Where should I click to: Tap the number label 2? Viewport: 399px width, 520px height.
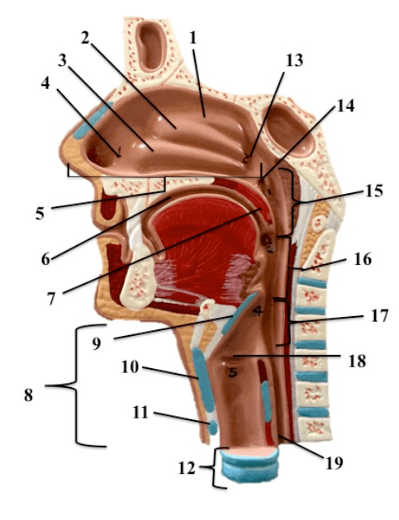(x=85, y=38)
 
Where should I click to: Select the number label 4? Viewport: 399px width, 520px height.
(x=45, y=83)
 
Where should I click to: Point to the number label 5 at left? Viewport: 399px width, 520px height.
(x=40, y=213)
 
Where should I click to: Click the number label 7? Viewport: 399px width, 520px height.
(x=50, y=299)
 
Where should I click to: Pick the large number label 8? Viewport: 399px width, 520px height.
(x=29, y=395)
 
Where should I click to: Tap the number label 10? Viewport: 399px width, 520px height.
(x=130, y=367)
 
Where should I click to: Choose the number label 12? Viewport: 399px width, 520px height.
(x=187, y=468)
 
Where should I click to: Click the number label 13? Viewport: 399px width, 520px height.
(x=295, y=60)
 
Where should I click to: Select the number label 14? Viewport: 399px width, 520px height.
(x=345, y=106)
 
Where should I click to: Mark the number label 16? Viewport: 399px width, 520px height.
(x=363, y=259)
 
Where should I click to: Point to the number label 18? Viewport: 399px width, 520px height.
(x=357, y=361)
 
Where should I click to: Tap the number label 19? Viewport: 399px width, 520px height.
(x=334, y=462)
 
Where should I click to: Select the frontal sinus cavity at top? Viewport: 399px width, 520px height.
(x=151, y=46)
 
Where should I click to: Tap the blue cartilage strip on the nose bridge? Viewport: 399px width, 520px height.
(x=93, y=121)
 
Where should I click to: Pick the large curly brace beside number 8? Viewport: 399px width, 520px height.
(x=77, y=385)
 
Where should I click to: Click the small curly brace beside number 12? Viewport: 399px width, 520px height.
(x=215, y=468)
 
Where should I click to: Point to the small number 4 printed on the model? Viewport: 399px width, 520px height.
(x=258, y=311)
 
